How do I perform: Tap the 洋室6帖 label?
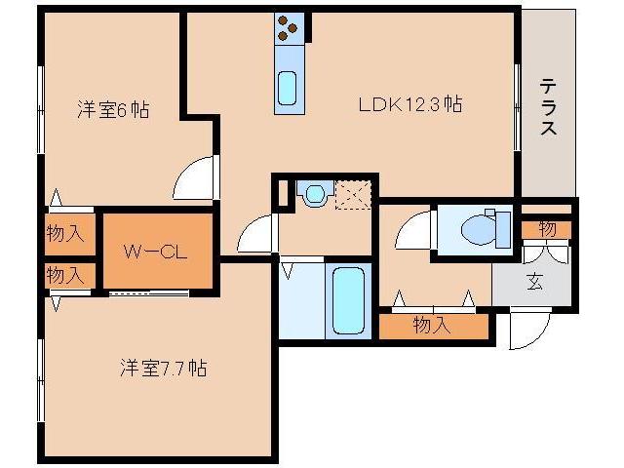(112, 110)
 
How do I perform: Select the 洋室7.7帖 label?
(163, 369)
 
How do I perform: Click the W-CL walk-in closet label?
(155, 251)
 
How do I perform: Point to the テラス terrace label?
(548, 107)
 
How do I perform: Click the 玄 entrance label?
(535, 283)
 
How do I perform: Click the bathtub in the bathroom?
(349, 299)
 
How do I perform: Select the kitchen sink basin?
(289, 89)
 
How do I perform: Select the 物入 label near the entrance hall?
(432, 325)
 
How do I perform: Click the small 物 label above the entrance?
(546, 229)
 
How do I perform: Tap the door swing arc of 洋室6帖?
(195, 179)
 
